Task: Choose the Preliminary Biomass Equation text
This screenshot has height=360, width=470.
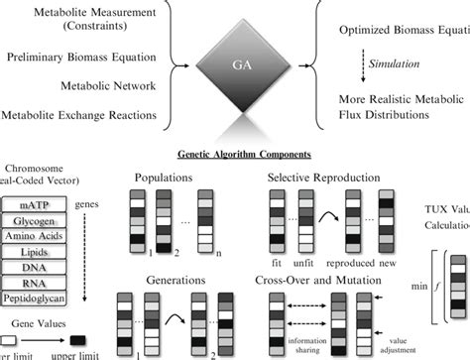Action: tap(82, 60)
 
